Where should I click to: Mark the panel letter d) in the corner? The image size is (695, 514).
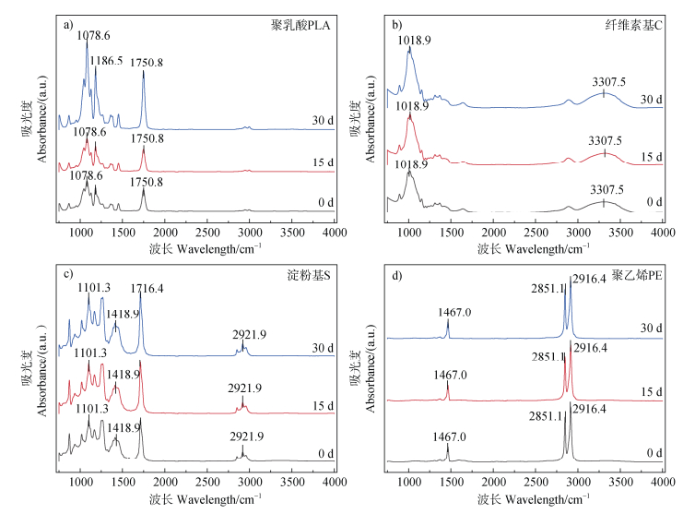pos(396,274)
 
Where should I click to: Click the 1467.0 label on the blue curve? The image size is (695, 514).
pos(447,313)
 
